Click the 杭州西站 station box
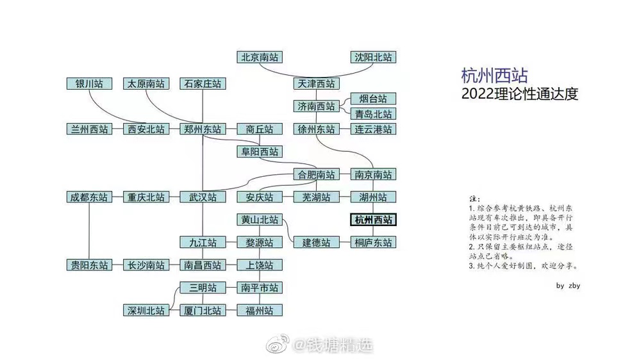[374, 220]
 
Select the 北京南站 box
[260, 57]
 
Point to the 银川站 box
[89, 83]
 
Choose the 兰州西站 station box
[89, 129]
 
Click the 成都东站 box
[89, 197]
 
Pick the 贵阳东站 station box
[89, 265]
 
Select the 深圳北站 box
[146, 310]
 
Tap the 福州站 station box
[260, 310]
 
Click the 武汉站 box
[203, 197]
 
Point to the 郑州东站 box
[203, 129]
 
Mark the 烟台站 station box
[374, 99]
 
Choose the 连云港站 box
[374, 129]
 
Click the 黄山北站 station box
[260, 220]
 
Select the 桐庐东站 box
[374, 242]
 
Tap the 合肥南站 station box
[317, 174]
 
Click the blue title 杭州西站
[494, 76]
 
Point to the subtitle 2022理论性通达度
[520, 94]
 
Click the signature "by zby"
[568, 286]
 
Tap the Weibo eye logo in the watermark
[280, 346]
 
